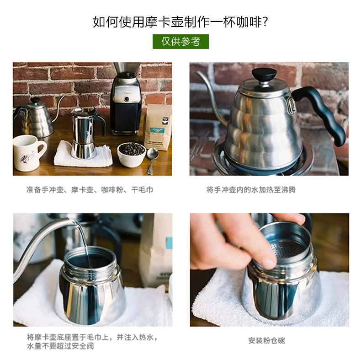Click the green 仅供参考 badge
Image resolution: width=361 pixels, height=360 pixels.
tap(180, 42)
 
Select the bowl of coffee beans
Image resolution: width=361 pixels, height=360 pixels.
tap(132, 154)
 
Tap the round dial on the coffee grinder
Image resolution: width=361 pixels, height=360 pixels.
tap(127, 99)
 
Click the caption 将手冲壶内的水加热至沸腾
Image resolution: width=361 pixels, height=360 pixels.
tap(251, 190)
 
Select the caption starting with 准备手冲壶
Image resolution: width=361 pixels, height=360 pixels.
tap(90, 190)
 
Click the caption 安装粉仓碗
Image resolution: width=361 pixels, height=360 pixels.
tap(266, 341)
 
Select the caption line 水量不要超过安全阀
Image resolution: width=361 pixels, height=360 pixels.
tap(60, 346)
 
